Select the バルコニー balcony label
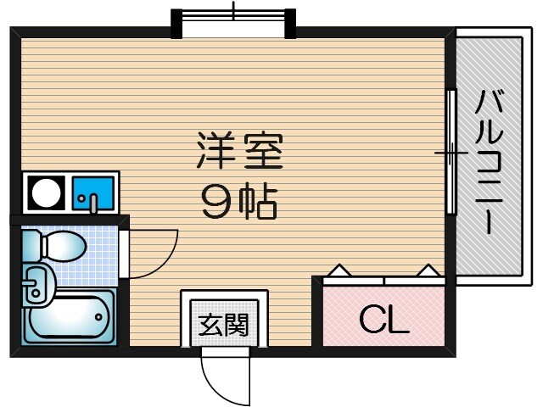click(x=489, y=161)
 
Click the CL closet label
click(x=383, y=319)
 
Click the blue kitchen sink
click(x=92, y=194)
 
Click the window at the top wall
click(x=233, y=19)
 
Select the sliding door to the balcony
click(x=452, y=153)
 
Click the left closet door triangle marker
click(x=339, y=270)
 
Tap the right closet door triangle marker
click(x=429, y=270)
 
